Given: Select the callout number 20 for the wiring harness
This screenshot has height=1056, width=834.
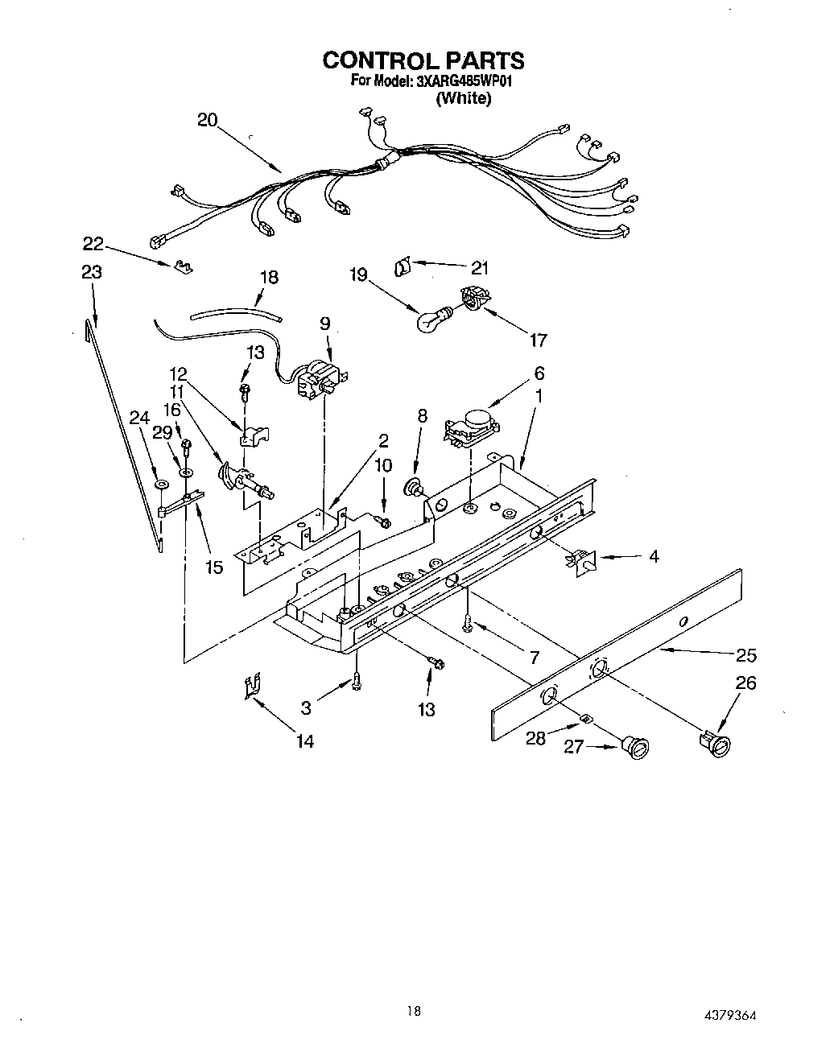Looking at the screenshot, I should pos(208,120).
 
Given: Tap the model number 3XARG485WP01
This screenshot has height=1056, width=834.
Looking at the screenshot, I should pos(465,80).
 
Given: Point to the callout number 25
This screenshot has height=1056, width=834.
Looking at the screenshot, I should pos(745,655).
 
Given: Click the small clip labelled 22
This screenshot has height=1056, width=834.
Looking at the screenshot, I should pos(184,266).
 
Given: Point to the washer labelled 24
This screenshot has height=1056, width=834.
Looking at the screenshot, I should pos(160,485).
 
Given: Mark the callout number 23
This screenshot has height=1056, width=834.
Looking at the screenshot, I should pos(92,272).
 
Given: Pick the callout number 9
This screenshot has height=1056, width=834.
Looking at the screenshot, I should pos(324,324).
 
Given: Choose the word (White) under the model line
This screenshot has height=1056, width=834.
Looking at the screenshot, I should pos(463,98).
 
